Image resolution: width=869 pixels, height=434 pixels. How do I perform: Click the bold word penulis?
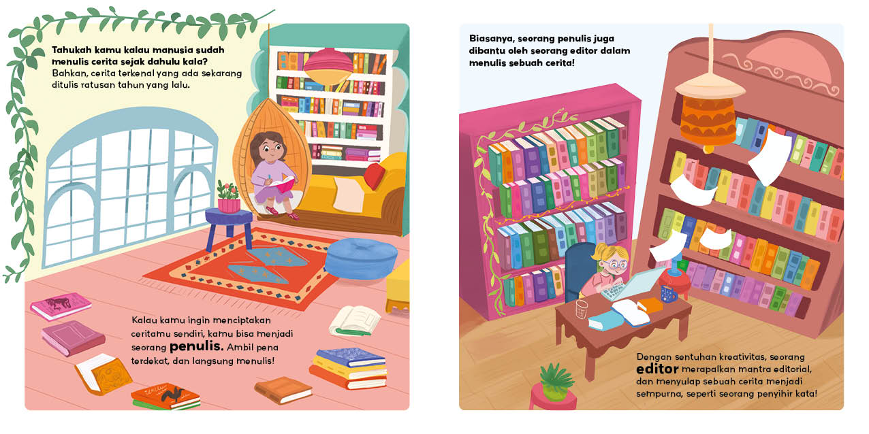coord(197,346)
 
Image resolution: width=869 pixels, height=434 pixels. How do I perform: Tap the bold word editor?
coord(657,369)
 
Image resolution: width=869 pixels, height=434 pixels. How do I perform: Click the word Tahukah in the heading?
coord(72,50)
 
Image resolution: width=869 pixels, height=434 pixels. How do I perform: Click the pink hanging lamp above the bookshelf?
coord(328,66)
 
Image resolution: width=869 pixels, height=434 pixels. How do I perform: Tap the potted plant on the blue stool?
coord(228,197)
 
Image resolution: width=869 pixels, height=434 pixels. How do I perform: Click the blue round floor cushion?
coord(361,258)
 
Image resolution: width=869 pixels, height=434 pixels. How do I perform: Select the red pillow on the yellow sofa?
coord(374,176)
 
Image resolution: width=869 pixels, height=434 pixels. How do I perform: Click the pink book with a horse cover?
coord(61,305)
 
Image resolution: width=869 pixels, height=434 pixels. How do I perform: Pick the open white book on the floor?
coord(355,321)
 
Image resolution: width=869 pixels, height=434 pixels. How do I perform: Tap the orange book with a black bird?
coord(165,396)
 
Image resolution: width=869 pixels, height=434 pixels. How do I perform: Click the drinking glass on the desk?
coord(582,310)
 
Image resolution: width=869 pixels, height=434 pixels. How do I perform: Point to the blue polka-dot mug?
coord(668,293)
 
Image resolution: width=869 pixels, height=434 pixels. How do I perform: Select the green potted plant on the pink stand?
coord(556,382)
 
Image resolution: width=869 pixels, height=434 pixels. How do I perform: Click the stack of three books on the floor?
coord(349,368)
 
